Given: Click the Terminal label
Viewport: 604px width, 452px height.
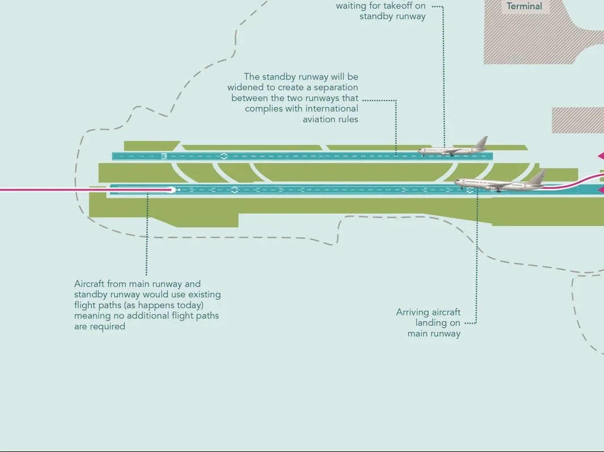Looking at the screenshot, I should [x=524, y=7].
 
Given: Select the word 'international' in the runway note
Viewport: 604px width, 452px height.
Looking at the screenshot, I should [x=332, y=109].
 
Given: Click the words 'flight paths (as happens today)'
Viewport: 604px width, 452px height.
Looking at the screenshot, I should [x=138, y=305].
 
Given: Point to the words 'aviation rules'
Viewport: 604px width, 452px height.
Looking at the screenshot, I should [x=330, y=120].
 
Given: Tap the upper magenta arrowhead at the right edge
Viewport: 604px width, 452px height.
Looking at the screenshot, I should [x=600, y=156].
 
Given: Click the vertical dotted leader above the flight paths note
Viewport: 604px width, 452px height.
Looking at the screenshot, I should [x=147, y=238].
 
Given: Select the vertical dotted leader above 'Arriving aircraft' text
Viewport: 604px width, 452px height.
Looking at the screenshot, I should [x=477, y=255].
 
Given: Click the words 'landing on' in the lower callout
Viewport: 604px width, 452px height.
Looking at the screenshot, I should [x=438, y=323].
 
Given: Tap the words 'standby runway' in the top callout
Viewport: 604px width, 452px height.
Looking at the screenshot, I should [x=392, y=16].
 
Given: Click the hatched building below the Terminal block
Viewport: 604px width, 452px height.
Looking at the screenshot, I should [x=577, y=120].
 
